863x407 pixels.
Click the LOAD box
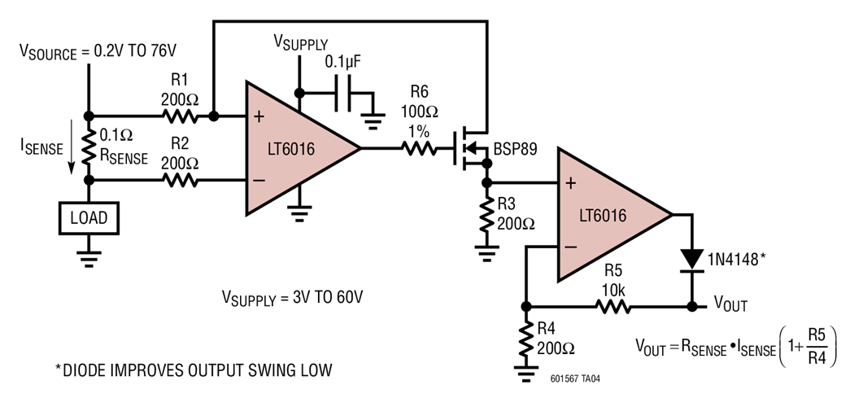(89, 218)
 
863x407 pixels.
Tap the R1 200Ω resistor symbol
(180, 116)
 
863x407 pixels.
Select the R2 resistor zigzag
(180, 180)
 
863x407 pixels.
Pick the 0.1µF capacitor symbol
(343, 93)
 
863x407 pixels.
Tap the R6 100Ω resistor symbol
(419, 148)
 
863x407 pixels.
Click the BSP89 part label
(516, 149)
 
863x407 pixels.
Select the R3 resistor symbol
(486, 215)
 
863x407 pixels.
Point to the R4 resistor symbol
(526, 339)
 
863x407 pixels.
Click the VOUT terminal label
(730, 304)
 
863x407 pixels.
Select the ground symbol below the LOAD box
(89, 258)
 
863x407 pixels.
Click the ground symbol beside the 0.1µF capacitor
(373, 122)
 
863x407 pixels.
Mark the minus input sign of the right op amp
(571, 247)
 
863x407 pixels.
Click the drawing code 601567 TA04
(575, 379)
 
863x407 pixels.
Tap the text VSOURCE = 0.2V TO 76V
(98, 51)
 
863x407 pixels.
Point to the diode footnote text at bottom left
(194, 370)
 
